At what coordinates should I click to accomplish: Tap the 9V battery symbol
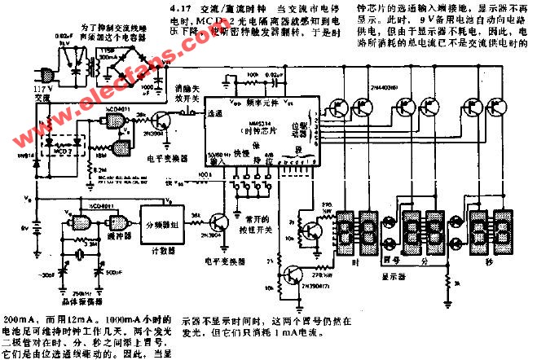coord(33,225)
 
